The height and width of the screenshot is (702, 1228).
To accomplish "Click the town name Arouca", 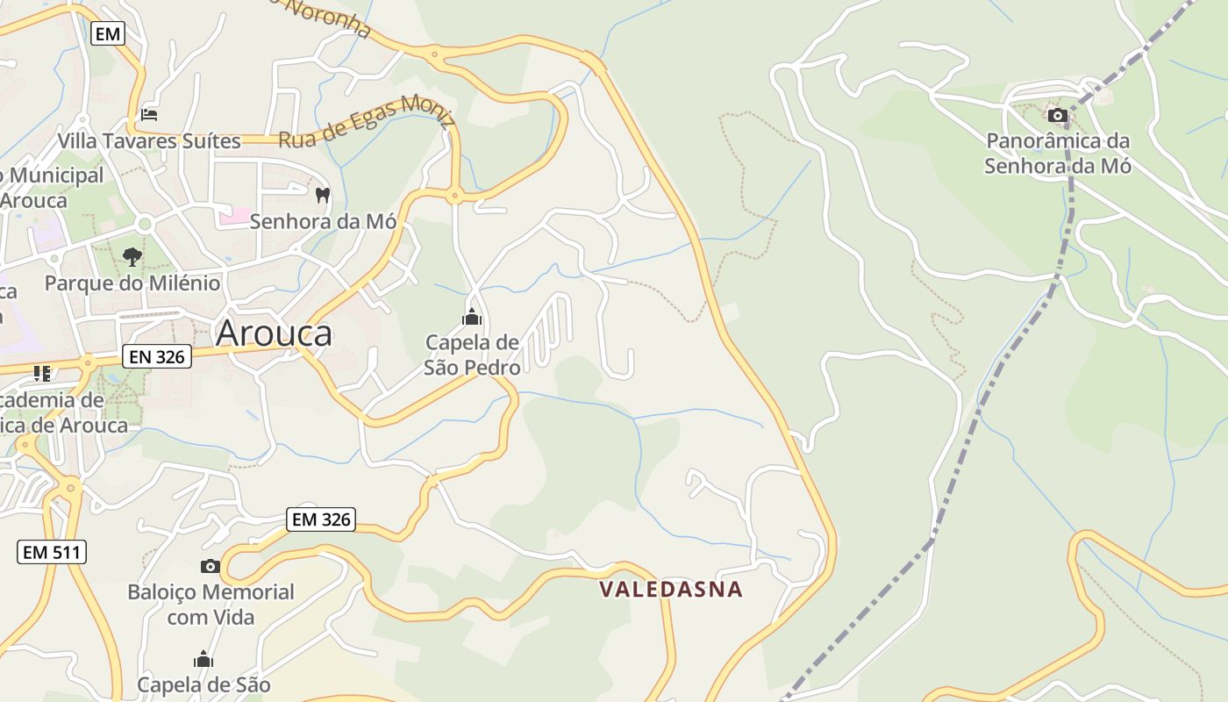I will point(274,333).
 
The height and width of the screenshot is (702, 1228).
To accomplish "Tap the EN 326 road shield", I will point(157,356).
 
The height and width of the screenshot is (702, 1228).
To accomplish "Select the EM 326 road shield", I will point(322,519).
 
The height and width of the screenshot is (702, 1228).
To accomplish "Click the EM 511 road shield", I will point(52,552).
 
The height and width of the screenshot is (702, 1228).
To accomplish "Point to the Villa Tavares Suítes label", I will point(149,140).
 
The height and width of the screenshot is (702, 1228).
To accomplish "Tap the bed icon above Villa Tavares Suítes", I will point(149,115).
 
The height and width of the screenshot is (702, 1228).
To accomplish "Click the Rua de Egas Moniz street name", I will point(367,121).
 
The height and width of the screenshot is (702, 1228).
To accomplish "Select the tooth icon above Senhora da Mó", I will point(322,195).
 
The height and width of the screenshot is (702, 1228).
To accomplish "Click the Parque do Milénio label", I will point(132,283).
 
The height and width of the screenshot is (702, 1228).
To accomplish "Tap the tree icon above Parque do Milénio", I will point(132,257).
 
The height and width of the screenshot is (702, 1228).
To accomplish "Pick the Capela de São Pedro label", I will point(472,355).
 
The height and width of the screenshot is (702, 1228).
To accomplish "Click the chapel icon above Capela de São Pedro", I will point(472,317).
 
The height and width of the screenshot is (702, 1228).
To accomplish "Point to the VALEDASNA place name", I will point(671,589).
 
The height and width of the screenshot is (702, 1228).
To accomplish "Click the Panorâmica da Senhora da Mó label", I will point(1058,153).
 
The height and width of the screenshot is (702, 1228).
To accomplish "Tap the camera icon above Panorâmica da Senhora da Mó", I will point(1058,115).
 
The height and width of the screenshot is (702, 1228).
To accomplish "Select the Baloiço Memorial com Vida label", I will point(211,604).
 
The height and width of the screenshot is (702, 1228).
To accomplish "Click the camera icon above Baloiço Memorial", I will point(211,566).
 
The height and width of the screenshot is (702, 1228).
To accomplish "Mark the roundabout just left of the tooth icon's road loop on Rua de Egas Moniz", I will point(454,196).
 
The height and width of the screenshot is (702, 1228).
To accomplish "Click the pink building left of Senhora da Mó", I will point(233,215).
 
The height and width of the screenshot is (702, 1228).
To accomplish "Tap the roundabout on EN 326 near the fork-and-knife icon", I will point(88,362).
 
